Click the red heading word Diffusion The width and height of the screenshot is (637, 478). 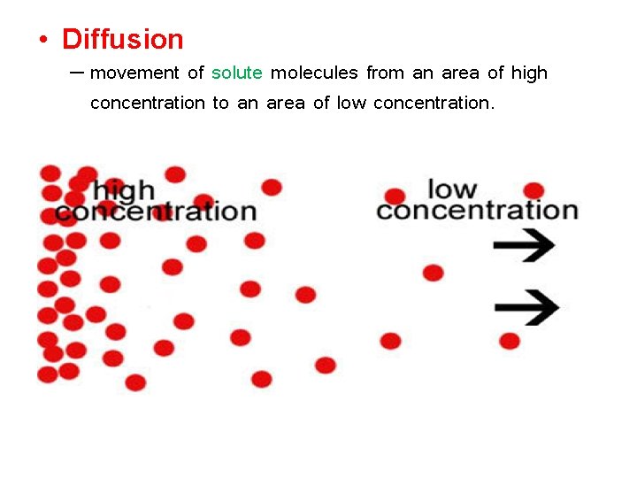coord(123,39)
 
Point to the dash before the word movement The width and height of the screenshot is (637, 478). coord(76,71)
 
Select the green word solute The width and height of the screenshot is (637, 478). coord(237,73)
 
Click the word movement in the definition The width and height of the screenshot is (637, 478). coord(134,73)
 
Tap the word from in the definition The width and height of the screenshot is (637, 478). coord(385,73)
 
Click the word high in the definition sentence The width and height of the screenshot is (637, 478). coord(529,73)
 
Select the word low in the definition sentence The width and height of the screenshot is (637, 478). coord(351,103)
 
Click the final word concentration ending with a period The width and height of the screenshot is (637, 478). coord(434,103)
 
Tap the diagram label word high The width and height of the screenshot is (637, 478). coord(124,190)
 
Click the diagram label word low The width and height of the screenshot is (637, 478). coord(452,189)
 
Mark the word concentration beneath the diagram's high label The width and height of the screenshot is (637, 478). coord(156,212)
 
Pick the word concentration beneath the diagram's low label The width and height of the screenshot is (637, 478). coord(477,211)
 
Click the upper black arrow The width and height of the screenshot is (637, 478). coord(524,245)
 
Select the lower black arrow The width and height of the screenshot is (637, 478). coord(526,307)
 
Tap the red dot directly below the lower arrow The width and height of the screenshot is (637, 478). coord(510,341)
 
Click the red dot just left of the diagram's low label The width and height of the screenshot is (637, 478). coord(395,196)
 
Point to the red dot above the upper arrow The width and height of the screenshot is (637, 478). coord(533,190)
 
